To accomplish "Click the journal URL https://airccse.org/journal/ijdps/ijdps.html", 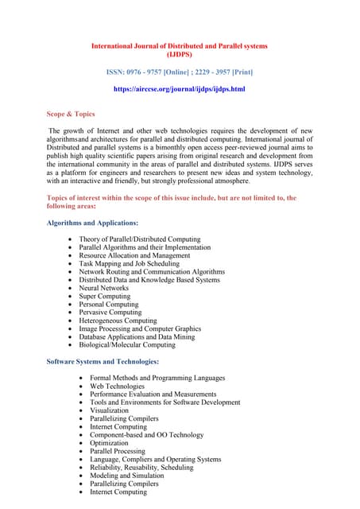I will click(179, 89).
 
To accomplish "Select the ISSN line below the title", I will click(179, 72).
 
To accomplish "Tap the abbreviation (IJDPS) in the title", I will click(179, 55).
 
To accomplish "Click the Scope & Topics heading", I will click(71, 115).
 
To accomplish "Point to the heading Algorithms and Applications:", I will click(93, 223).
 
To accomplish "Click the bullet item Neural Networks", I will click(103, 288).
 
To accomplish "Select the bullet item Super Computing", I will click(105, 296).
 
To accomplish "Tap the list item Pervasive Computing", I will click(110, 313).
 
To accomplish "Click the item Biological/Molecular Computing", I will click(127, 345).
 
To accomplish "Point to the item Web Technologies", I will click(117, 386).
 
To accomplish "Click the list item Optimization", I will click(110, 443).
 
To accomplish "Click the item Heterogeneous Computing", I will click(118, 321).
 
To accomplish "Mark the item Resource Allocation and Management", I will click(134, 255).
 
